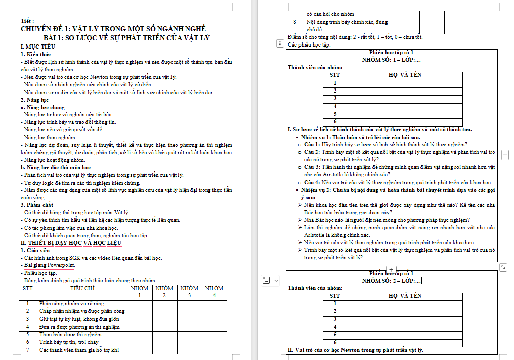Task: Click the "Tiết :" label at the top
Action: pyautogui.click(x=28, y=21)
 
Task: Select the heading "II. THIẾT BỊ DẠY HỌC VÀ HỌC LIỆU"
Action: pyautogui.click(x=71, y=243)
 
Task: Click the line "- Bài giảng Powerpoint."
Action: pyautogui.click(x=49, y=265)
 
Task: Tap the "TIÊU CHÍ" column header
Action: pyautogui.click(x=82, y=288)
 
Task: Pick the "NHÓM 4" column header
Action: pyautogui.click(x=215, y=291)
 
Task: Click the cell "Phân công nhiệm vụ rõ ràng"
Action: pyautogui.click(x=71, y=304)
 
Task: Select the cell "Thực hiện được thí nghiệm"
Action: pyautogui.click(x=71, y=335)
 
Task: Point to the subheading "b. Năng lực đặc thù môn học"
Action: pyautogui.click(x=56, y=167)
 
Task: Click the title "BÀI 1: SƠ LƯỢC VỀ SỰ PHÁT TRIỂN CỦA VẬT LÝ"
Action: pyautogui.click(x=126, y=38)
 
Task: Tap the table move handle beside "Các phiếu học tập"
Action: pyautogui.click(x=280, y=44)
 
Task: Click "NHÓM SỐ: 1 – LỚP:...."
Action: pyautogui.click(x=391, y=60)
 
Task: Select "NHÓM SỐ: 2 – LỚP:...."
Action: pyautogui.click(x=391, y=281)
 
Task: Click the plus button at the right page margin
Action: pyautogui.click(x=505, y=154)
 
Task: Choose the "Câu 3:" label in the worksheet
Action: pyautogui.click(x=312, y=167)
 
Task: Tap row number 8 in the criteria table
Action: pyautogui.click(x=295, y=23)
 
